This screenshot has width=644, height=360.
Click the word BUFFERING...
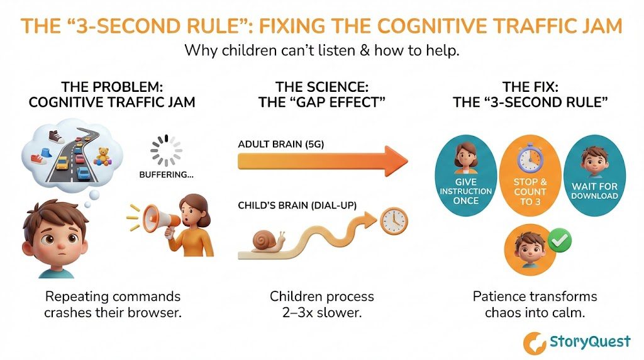165,176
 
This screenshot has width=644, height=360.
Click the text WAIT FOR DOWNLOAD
594,191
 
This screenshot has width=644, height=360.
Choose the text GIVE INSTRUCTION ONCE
466,191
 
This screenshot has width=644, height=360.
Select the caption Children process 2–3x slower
321,303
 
